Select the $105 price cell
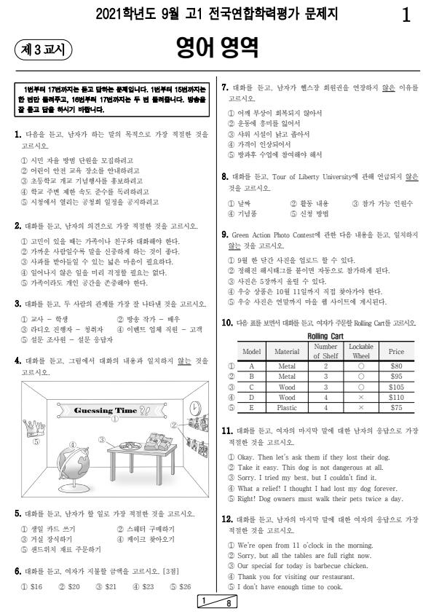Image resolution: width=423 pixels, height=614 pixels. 395,388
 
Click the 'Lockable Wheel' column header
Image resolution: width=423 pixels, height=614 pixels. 360,351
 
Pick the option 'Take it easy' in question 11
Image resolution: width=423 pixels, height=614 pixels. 306,467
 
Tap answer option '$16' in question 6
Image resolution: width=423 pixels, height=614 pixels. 33,586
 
